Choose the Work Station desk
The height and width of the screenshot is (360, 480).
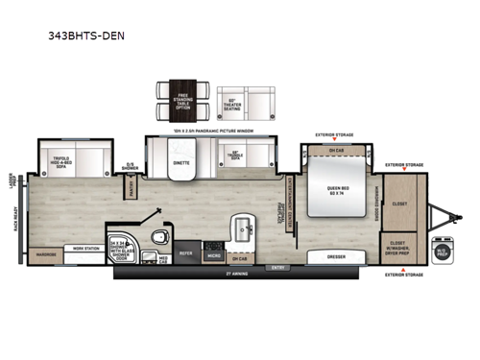coord(82,248)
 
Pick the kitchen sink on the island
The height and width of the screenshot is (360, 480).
coord(240,228)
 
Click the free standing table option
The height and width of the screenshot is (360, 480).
coord(181,98)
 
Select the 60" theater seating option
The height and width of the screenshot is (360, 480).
coord(256,98)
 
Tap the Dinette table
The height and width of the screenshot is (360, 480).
coord(181,162)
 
